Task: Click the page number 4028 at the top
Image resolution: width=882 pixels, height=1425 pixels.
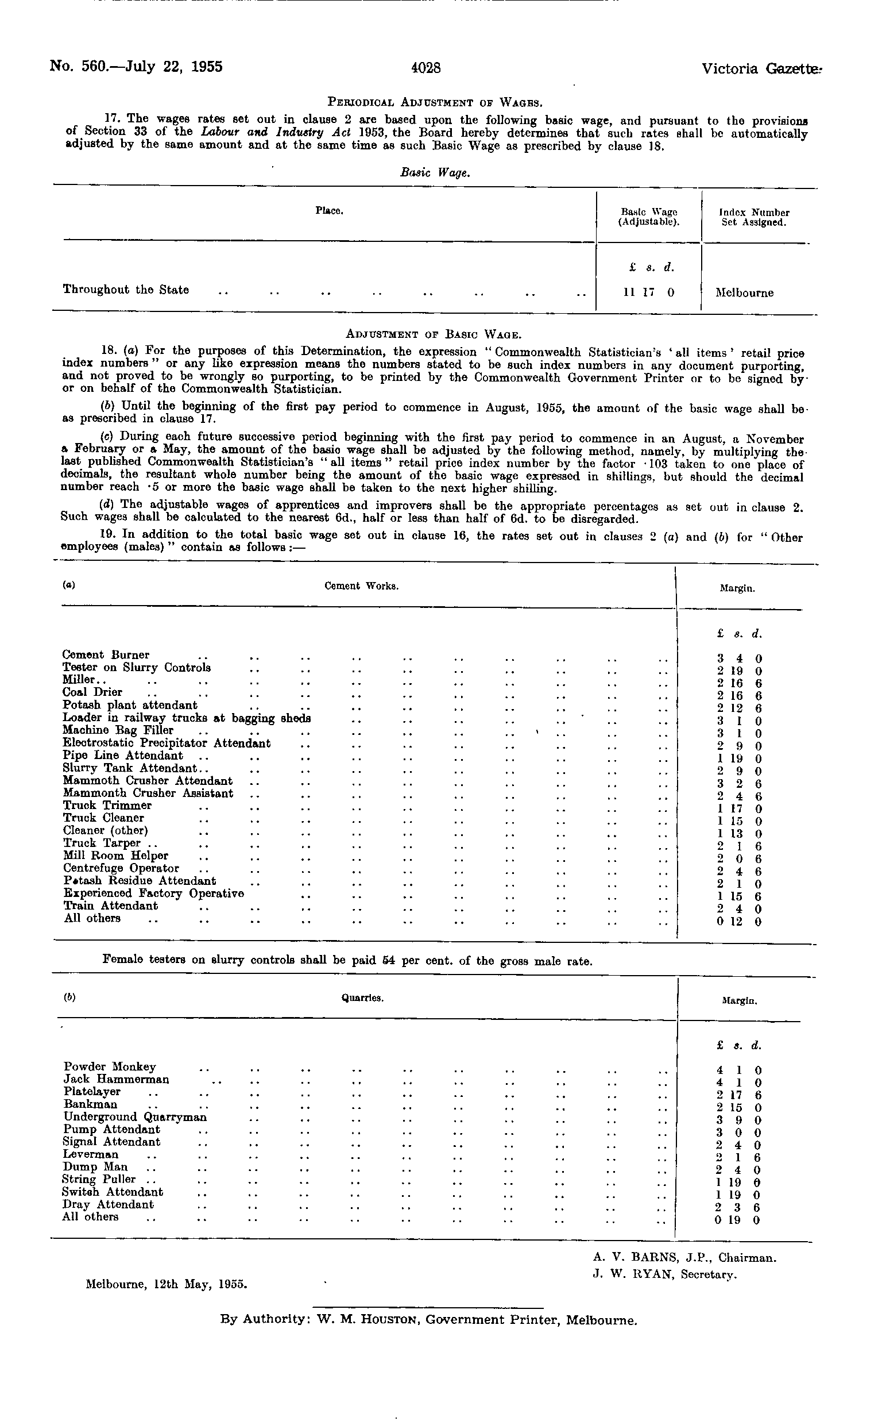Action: point(425,68)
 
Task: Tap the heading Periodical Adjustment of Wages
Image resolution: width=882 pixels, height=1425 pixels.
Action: point(435,103)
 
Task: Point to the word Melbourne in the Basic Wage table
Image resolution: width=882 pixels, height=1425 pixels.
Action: point(744,293)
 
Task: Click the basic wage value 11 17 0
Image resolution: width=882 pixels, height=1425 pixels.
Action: point(649,292)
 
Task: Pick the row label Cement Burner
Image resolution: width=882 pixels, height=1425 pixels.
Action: point(106,654)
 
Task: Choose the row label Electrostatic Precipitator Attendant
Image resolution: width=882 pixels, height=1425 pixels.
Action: point(167,743)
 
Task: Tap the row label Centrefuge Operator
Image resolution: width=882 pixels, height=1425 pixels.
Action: point(121,868)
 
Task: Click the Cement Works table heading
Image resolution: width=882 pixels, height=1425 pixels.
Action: point(361,586)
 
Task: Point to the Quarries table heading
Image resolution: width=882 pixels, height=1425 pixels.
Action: point(362,998)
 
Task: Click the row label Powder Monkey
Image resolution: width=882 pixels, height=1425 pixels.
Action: point(110,1066)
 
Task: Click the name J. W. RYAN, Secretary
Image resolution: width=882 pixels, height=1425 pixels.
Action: point(664,1275)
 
